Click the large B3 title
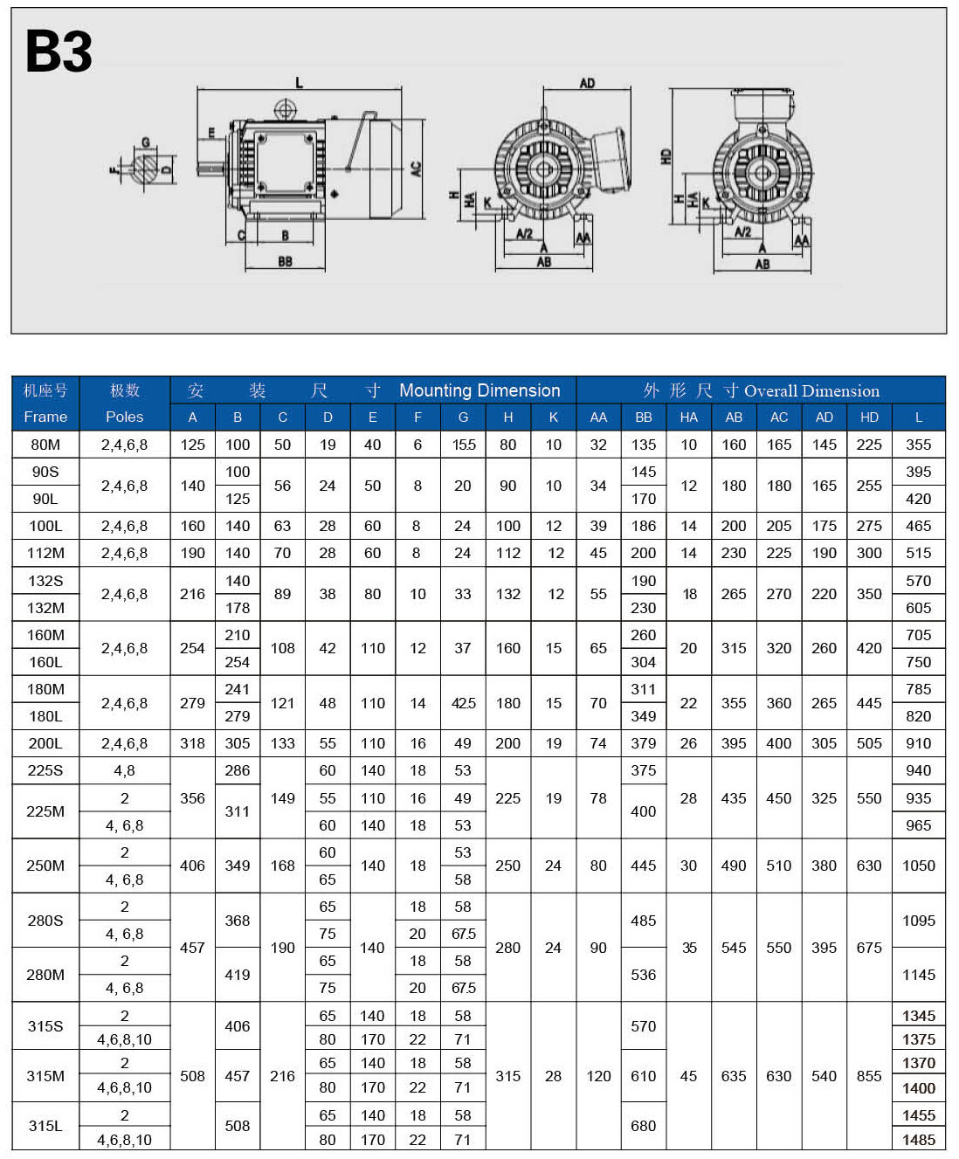click(x=59, y=52)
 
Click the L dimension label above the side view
click(x=299, y=83)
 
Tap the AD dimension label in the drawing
click(x=587, y=83)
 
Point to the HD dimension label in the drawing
click(x=666, y=156)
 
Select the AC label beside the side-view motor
click(x=416, y=169)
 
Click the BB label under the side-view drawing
click(x=285, y=261)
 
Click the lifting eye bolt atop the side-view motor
click(x=285, y=110)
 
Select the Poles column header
click(x=124, y=417)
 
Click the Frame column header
click(x=45, y=417)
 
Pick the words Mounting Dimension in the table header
click(x=479, y=390)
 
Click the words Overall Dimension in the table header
click(x=811, y=390)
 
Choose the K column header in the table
click(x=553, y=417)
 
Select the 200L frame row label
click(x=45, y=743)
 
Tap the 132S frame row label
click(x=45, y=581)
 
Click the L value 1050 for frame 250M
click(x=918, y=866)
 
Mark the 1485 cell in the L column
click(x=918, y=1139)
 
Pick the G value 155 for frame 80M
click(x=463, y=445)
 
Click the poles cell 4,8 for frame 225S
click(x=124, y=770)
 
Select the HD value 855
click(x=869, y=1076)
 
